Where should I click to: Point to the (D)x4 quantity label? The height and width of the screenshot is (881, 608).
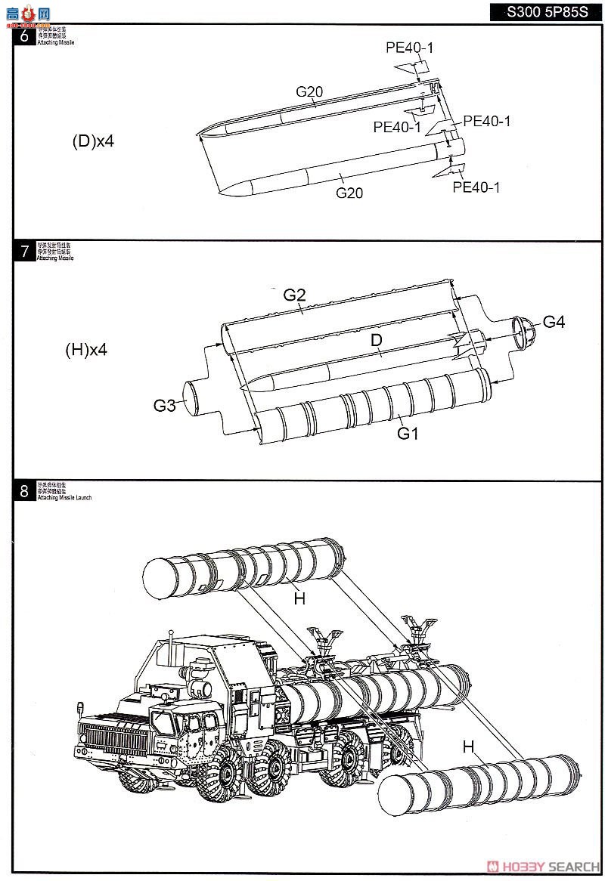click(93, 141)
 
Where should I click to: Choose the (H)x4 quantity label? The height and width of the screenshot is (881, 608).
click(87, 350)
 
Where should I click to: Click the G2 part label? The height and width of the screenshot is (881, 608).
click(294, 295)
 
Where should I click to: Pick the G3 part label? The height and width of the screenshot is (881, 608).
click(164, 406)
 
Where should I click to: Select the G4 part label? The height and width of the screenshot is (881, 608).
click(554, 323)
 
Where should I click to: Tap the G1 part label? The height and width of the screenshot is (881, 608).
click(408, 434)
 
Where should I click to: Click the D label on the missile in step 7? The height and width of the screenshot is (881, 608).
click(376, 341)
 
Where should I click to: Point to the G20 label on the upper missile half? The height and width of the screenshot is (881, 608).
click(309, 92)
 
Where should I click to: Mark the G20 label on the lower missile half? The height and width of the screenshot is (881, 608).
click(349, 193)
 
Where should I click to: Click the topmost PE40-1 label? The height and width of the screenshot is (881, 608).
click(409, 48)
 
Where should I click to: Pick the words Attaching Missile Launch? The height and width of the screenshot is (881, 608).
click(64, 498)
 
